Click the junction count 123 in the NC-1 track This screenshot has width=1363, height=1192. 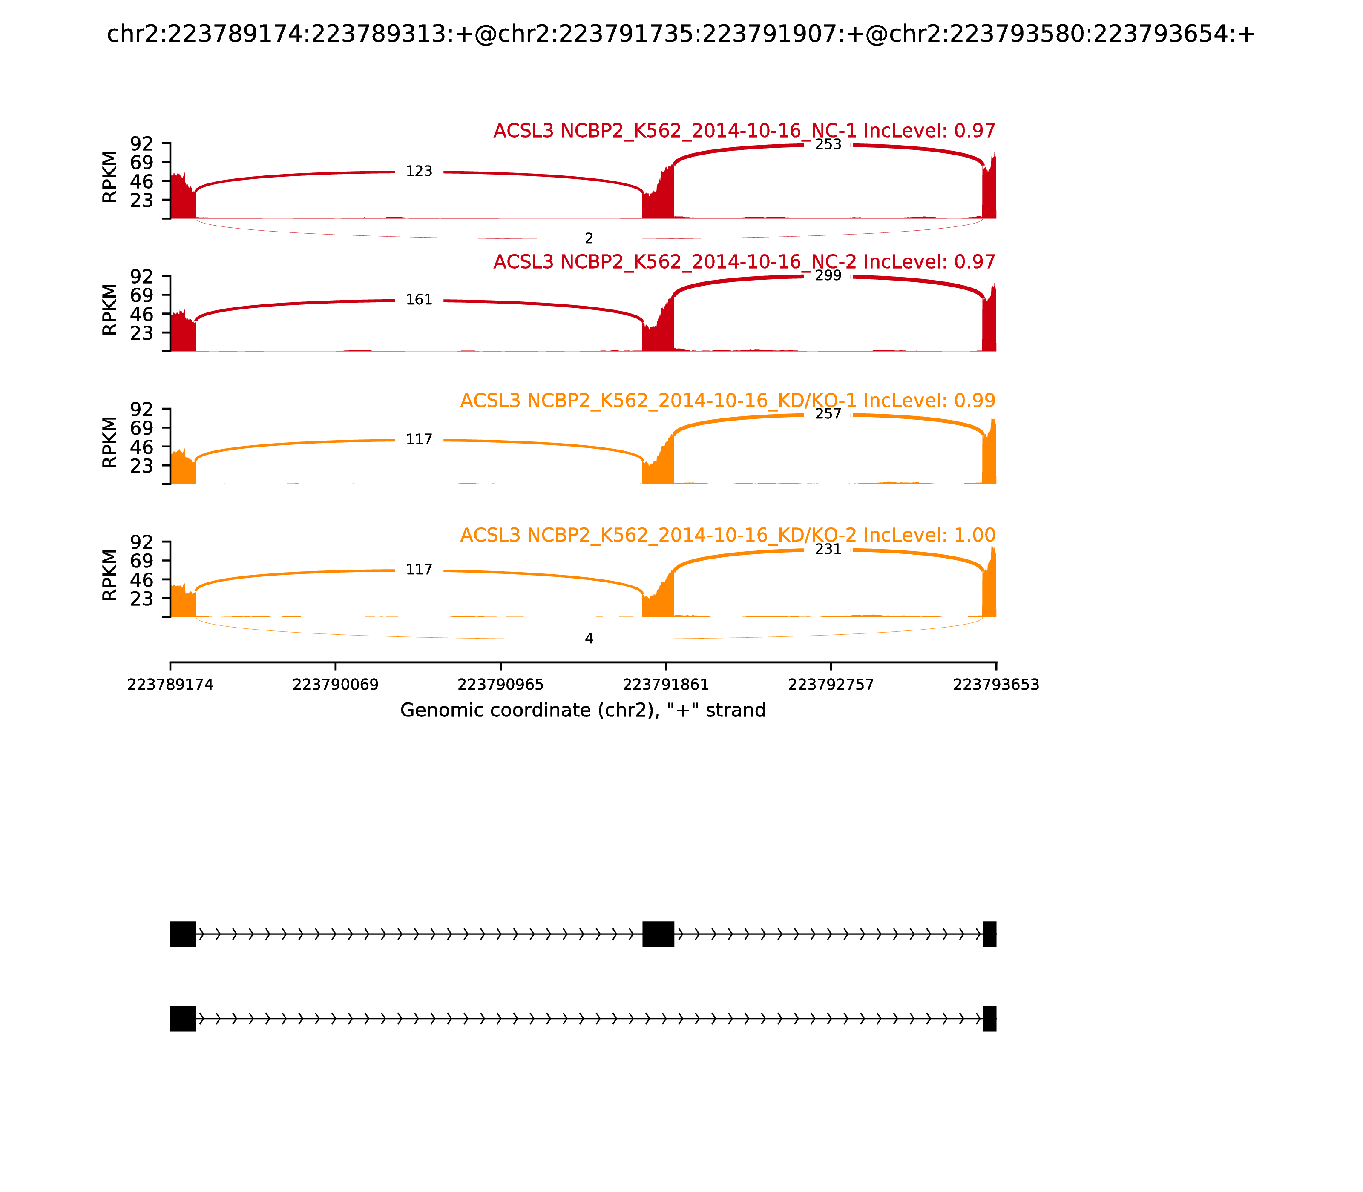coord(419,172)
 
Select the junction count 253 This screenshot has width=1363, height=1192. coord(828,145)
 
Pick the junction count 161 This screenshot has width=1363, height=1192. coord(419,300)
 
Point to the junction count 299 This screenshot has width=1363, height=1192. coord(828,276)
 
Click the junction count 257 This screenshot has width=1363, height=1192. coord(828,414)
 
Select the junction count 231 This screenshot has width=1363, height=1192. coord(828,550)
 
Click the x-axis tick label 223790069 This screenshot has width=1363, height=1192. coord(336,685)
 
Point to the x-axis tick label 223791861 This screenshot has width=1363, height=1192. coord(665,685)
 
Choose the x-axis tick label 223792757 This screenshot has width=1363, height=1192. coord(831,685)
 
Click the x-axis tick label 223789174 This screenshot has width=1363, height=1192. coord(170,685)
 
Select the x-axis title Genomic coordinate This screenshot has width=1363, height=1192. coord(583,711)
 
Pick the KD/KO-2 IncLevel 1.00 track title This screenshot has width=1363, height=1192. coord(728,536)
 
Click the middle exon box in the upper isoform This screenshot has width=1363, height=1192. coord(658,934)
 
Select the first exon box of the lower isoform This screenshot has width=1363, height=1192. coord(183,1018)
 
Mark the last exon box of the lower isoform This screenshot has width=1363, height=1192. coord(989,1018)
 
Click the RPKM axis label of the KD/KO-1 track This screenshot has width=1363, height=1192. coord(110,442)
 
